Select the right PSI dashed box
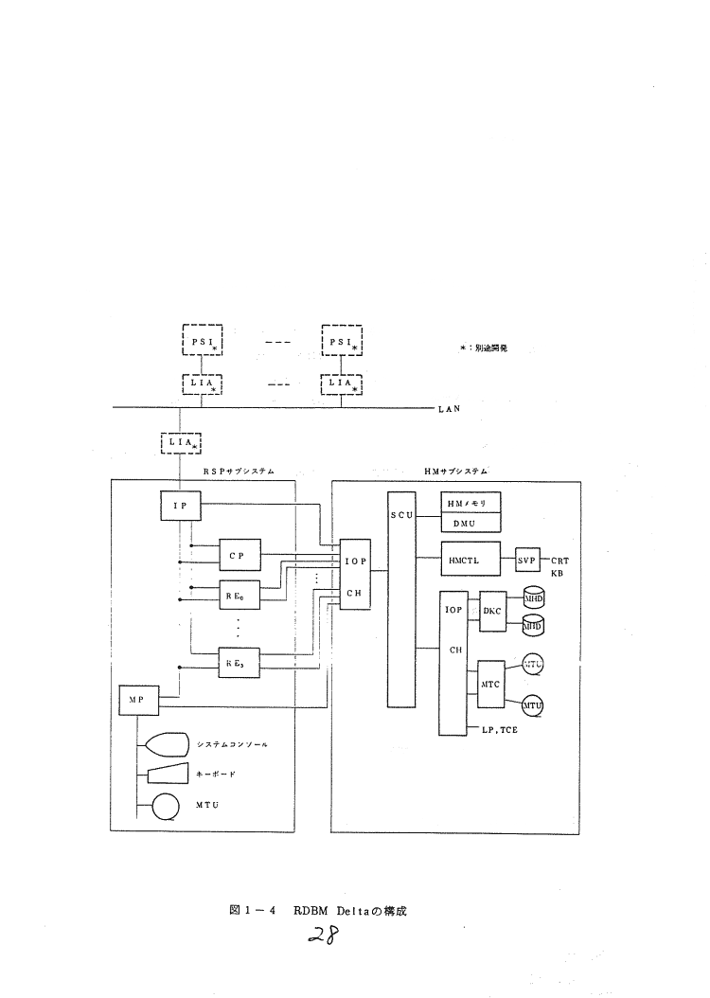point(343,340)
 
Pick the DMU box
point(470,524)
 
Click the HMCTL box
point(470,559)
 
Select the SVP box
point(526,559)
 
